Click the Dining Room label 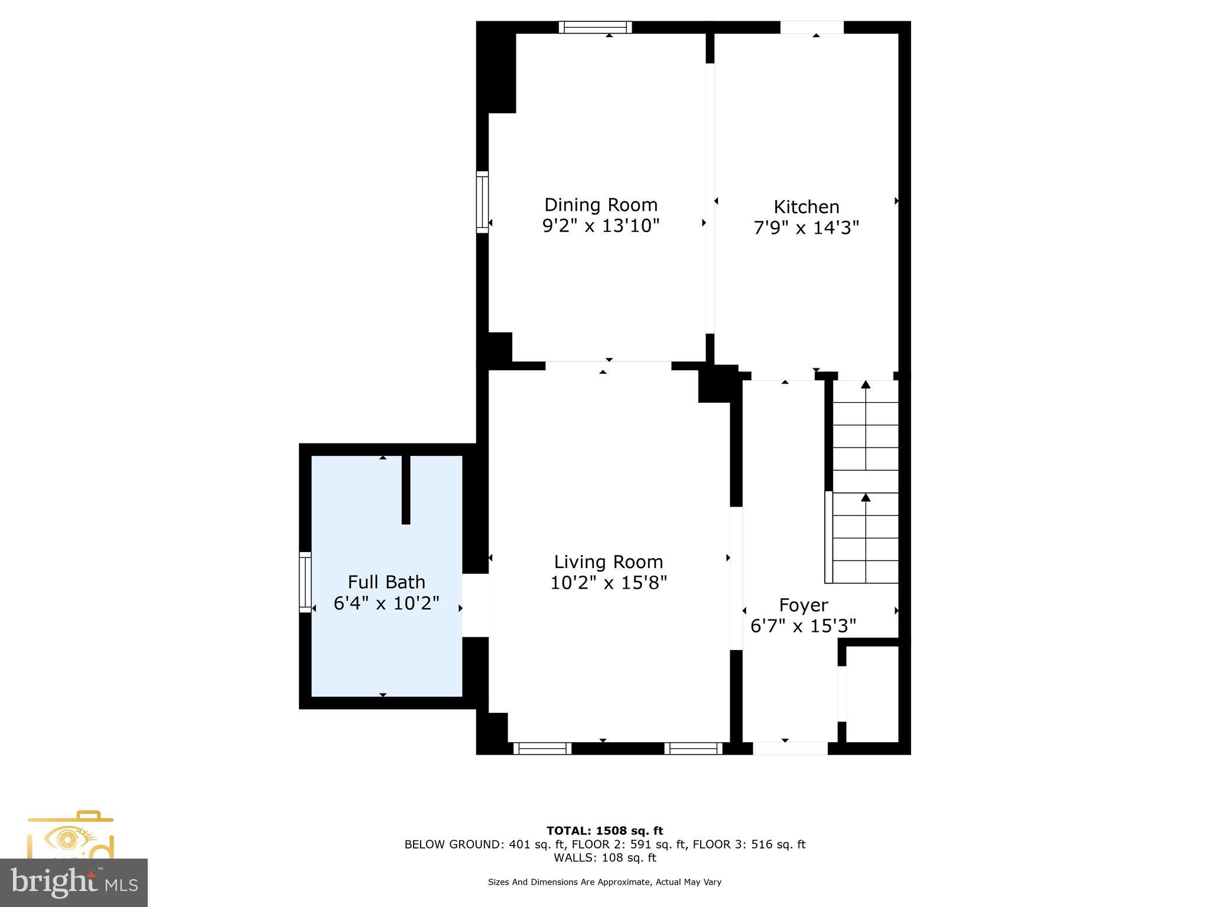(x=600, y=205)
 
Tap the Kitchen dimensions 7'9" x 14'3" (x=806, y=227)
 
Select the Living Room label (x=608, y=562)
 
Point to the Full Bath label (x=386, y=582)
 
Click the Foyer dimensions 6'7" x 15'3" (x=803, y=626)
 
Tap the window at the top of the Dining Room (x=595, y=27)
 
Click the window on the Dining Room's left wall (x=482, y=202)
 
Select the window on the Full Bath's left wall (x=305, y=582)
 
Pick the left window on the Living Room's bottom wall (x=542, y=749)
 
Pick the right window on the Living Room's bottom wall (x=693, y=749)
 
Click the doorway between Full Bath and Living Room (x=475, y=605)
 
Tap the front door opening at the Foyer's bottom (x=790, y=749)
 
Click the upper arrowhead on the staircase (x=866, y=385)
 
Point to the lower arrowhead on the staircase (x=866, y=497)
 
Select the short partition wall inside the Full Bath (x=406, y=490)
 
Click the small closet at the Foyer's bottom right (x=872, y=694)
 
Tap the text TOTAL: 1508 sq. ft (x=604, y=831)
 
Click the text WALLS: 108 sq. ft (x=604, y=858)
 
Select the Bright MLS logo (x=74, y=883)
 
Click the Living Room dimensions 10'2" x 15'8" (x=608, y=583)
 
